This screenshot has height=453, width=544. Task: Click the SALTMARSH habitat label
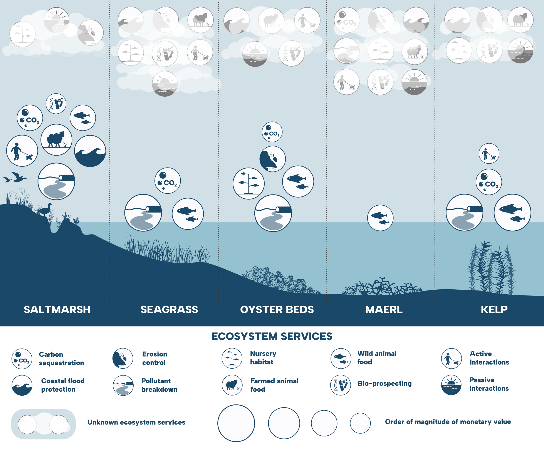57,310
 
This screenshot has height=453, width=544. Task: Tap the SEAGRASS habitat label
169,310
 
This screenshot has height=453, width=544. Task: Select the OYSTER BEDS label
277,310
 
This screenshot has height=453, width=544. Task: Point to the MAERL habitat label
384,310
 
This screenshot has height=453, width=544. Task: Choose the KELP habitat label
494,310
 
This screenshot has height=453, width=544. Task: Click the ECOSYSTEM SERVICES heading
272,336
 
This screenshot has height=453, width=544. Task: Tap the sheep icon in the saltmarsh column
56,140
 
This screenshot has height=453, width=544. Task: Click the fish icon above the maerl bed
380,218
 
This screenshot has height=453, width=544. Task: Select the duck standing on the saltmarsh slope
45,209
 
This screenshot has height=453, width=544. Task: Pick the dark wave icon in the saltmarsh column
90,151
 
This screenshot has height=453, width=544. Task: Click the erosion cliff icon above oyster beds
272,159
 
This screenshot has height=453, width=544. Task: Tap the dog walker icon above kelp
489,153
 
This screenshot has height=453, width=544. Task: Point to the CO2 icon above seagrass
167,181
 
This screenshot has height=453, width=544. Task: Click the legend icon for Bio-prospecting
340,385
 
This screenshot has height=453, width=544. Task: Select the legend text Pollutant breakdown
159,385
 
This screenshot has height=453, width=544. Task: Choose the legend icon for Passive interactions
451,385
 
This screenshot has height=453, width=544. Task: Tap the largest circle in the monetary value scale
236,423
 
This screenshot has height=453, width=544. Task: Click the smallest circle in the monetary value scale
360,423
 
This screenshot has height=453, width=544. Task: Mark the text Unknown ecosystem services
136,422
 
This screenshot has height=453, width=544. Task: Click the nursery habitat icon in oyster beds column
248,183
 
